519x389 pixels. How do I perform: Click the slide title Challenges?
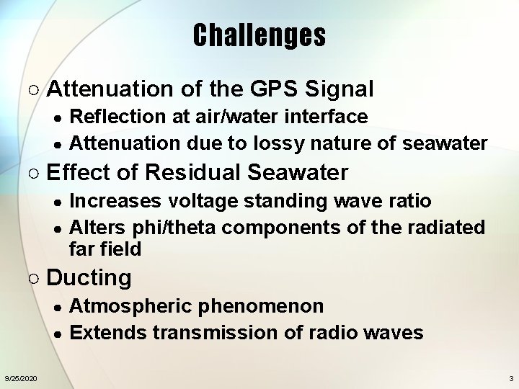coord(259,35)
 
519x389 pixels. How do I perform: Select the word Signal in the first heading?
coord(340,89)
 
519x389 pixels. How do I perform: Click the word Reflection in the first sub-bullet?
coord(109,117)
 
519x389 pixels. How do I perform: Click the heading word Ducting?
coord(89,278)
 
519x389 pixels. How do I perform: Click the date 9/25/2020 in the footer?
coord(20,378)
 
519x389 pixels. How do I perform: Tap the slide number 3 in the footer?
coord(511,378)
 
